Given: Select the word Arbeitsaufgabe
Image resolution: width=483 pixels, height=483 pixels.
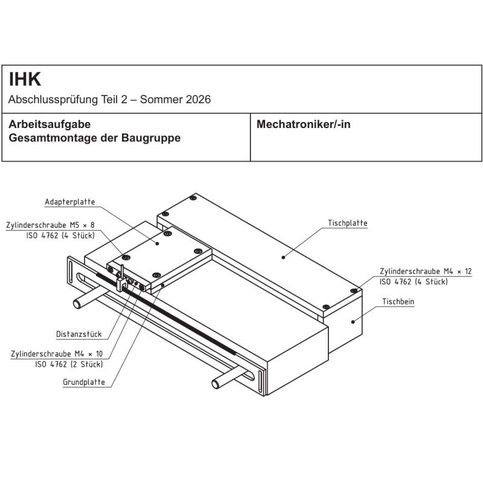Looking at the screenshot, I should coord(50,125).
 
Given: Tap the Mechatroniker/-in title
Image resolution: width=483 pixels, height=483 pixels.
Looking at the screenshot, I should coord(303,125).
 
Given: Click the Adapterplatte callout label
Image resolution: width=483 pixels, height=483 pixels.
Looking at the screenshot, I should coord(70,202).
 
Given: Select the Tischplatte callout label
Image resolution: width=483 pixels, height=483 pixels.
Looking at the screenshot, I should coord(348,223).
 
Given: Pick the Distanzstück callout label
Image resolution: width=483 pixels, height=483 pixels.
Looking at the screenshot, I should coord(78,334).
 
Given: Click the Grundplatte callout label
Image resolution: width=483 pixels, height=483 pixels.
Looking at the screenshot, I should coord(84,382).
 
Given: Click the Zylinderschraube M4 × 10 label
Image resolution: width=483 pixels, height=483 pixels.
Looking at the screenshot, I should coord(57,354).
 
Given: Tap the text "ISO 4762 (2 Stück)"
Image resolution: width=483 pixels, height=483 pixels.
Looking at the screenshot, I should coord(69,364).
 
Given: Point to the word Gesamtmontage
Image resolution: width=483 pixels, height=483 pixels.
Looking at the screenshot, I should coord(48,137).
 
